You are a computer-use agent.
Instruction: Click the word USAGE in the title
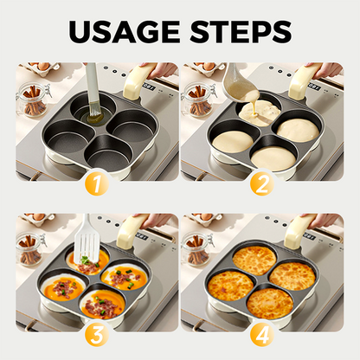125,31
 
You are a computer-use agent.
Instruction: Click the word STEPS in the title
241,31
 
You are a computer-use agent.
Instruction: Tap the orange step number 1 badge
97,183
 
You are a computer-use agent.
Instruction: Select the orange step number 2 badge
262,183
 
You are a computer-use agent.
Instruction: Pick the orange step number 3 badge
97,335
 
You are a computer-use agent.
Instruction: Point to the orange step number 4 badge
262,335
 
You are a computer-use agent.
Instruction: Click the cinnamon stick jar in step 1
32,100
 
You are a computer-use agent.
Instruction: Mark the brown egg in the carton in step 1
44,67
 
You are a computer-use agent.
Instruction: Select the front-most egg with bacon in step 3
102,305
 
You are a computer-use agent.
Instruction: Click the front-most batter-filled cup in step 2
273,158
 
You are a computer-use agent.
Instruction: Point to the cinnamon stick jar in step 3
32,249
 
